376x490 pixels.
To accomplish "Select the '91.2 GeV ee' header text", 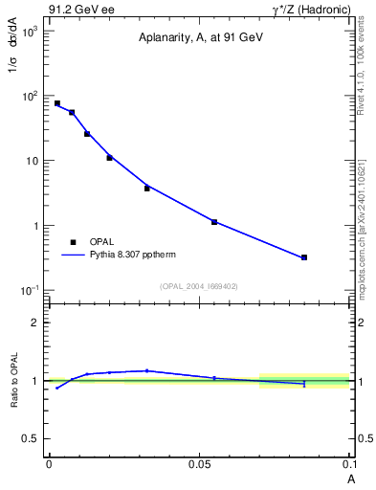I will tap(80, 9).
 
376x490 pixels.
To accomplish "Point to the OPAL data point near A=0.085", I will tap(304, 257).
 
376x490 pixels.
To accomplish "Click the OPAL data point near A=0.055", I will tap(214, 222).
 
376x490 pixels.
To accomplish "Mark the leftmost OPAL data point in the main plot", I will tap(56, 103).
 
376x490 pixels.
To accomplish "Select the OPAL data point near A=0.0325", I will tap(146, 188).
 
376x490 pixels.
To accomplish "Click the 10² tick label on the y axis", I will tap(29, 96).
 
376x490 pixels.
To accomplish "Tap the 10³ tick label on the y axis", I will tap(29, 31).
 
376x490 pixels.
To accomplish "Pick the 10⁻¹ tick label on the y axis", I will tap(29, 291).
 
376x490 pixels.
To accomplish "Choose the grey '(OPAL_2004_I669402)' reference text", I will tap(199, 285).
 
